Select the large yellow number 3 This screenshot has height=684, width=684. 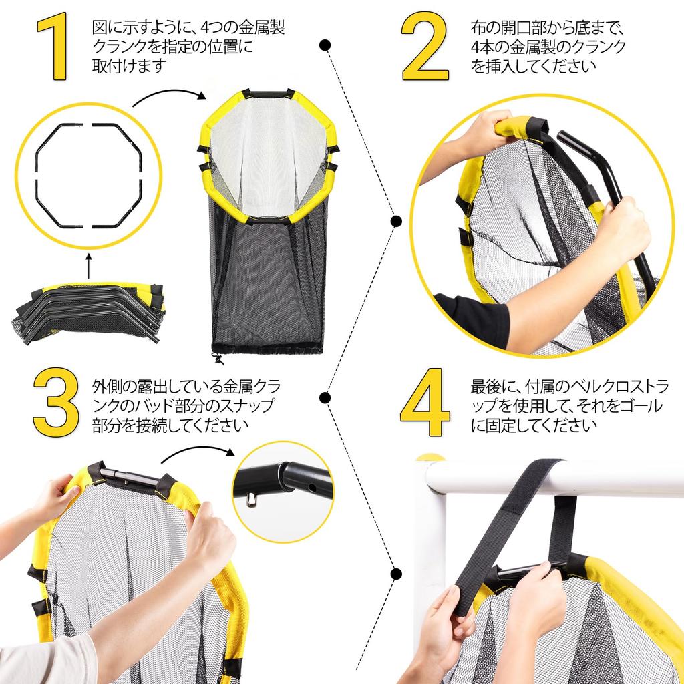tap(56, 402)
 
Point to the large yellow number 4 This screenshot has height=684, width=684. tap(425, 402)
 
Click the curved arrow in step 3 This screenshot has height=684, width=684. tap(197, 450)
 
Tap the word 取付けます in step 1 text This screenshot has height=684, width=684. tap(130, 66)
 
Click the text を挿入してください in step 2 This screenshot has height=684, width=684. tap(534, 66)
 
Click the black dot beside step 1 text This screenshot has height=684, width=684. tap(325, 45)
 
